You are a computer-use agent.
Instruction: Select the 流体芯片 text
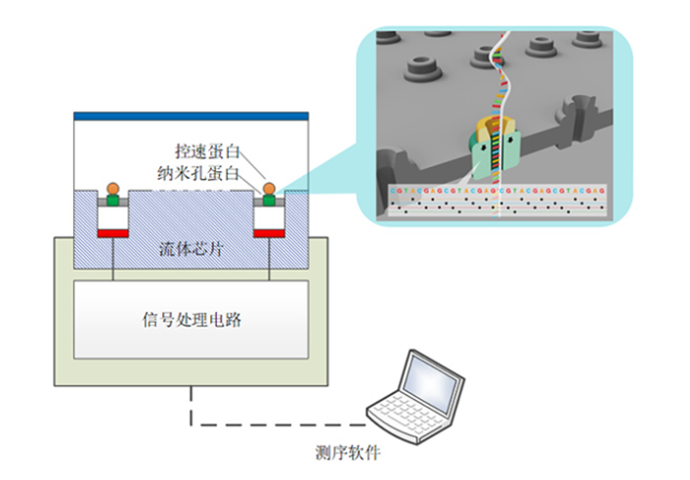click(192, 248)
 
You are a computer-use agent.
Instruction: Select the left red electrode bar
click(113, 233)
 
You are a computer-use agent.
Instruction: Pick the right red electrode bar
click(269, 233)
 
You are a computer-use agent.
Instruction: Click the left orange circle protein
click(113, 187)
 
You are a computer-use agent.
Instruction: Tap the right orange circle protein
click(269, 187)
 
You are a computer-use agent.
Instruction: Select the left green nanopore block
click(113, 198)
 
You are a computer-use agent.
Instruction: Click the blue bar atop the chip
click(192, 115)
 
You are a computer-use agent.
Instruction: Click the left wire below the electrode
click(113, 258)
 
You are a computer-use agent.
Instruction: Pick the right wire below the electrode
click(269, 258)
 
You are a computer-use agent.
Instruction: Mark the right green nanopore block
click(269, 198)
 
